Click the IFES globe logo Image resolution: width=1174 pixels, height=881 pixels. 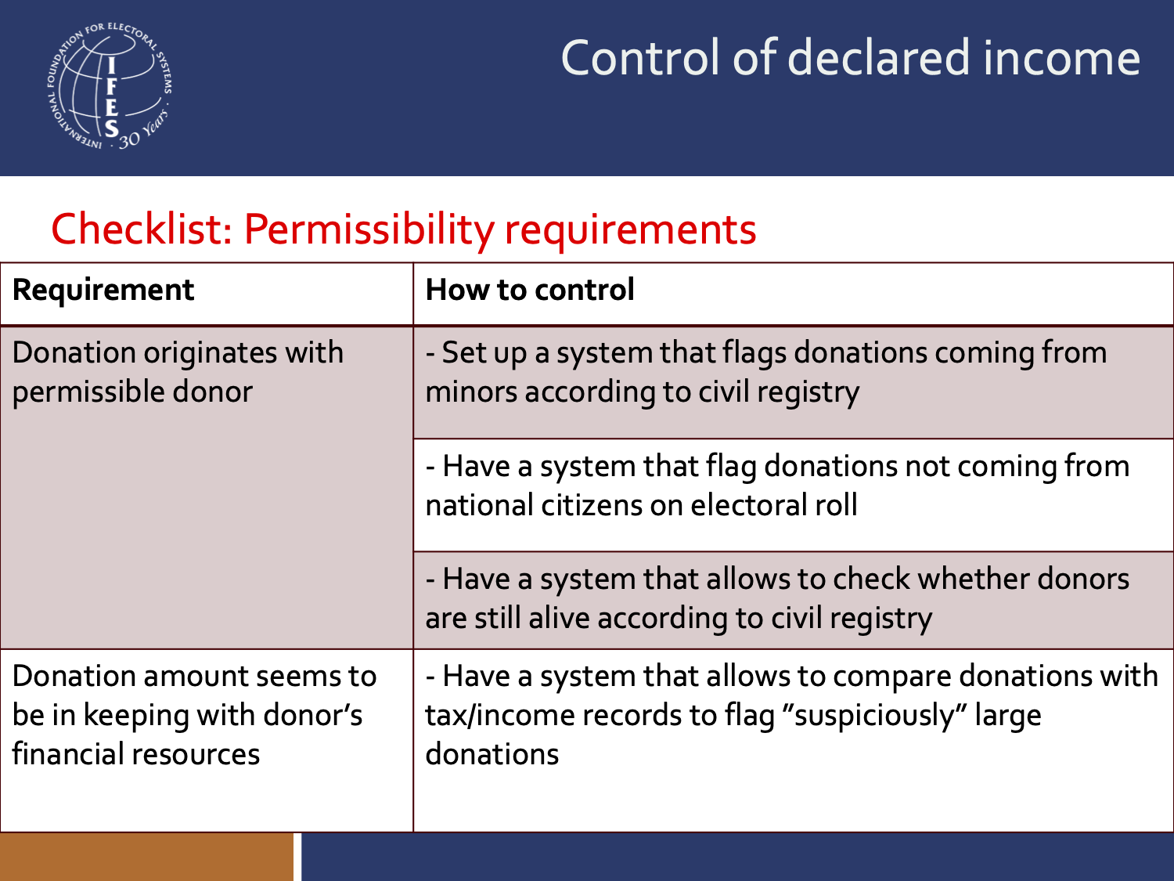click(109, 86)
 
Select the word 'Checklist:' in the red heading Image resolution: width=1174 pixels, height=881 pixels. click(141, 229)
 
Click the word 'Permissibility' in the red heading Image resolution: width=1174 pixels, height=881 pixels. click(368, 229)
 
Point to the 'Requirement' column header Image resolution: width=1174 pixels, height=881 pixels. click(103, 291)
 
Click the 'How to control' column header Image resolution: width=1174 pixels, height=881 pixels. click(530, 291)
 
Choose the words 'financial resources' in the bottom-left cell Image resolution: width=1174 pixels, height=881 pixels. click(135, 754)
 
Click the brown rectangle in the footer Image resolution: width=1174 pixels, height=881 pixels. click(146, 857)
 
